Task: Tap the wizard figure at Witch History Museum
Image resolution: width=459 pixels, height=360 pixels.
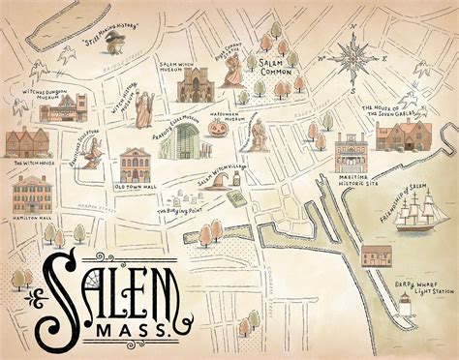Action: (143, 108)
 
